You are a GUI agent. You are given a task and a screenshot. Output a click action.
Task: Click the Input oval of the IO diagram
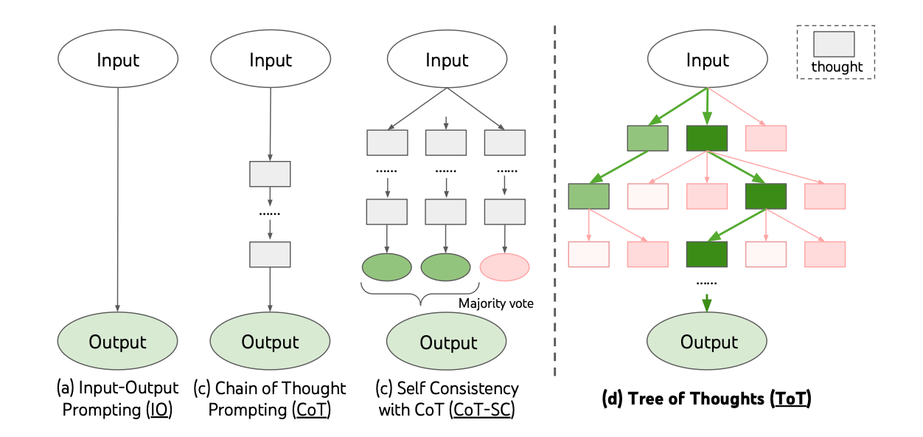click(117, 59)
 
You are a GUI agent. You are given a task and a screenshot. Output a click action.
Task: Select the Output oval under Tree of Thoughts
click(708, 342)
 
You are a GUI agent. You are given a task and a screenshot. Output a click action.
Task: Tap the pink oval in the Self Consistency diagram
click(504, 266)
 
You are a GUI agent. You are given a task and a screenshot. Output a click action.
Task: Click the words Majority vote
click(495, 303)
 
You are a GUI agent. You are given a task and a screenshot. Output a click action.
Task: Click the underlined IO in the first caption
click(159, 410)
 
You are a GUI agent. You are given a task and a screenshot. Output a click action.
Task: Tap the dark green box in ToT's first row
click(706, 138)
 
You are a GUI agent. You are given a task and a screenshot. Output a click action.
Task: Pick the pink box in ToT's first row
click(765, 138)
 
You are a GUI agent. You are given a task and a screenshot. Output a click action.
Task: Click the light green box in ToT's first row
click(647, 138)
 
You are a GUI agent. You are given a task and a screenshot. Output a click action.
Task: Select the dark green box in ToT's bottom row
click(706, 253)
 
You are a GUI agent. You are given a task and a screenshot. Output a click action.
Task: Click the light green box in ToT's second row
click(588, 196)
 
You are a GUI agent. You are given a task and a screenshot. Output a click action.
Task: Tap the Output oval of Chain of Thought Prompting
click(271, 342)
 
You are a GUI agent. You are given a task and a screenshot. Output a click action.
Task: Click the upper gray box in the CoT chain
click(270, 173)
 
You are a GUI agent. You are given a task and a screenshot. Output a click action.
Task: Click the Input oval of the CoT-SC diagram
click(447, 59)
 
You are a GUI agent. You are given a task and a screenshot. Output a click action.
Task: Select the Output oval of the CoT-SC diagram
click(447, 343)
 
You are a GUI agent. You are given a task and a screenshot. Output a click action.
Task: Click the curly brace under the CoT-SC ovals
click(420, 295)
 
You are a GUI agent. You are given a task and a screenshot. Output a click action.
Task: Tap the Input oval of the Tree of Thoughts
click(708, 59)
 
